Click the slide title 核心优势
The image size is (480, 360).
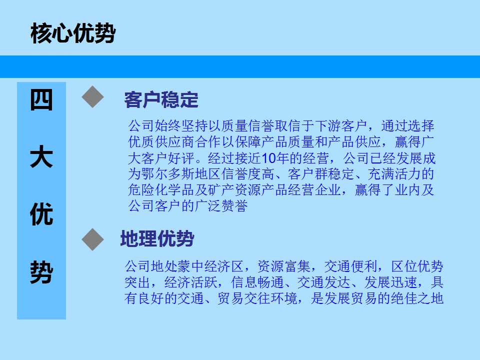click(73, 33)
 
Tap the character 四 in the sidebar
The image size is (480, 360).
click(41, 100)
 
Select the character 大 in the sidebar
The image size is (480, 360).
click(41, 156)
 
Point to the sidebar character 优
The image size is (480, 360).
click(41, 214)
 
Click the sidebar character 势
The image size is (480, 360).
click(41, 272)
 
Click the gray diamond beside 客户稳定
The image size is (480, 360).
click(93, 96)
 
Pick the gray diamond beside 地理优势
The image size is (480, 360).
click(93, 239)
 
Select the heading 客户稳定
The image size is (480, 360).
click(161, 100)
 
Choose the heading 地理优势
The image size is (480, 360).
click(157, 239)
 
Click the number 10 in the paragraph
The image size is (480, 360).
click(269, 158)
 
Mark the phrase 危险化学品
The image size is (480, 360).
click(161, 190)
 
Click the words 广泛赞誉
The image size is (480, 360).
click(221, 206)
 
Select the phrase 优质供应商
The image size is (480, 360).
click(161, 142)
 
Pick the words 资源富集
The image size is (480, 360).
click(284, 266)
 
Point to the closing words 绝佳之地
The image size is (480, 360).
click(417, 298)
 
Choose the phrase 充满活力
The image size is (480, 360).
click(394, 174)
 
